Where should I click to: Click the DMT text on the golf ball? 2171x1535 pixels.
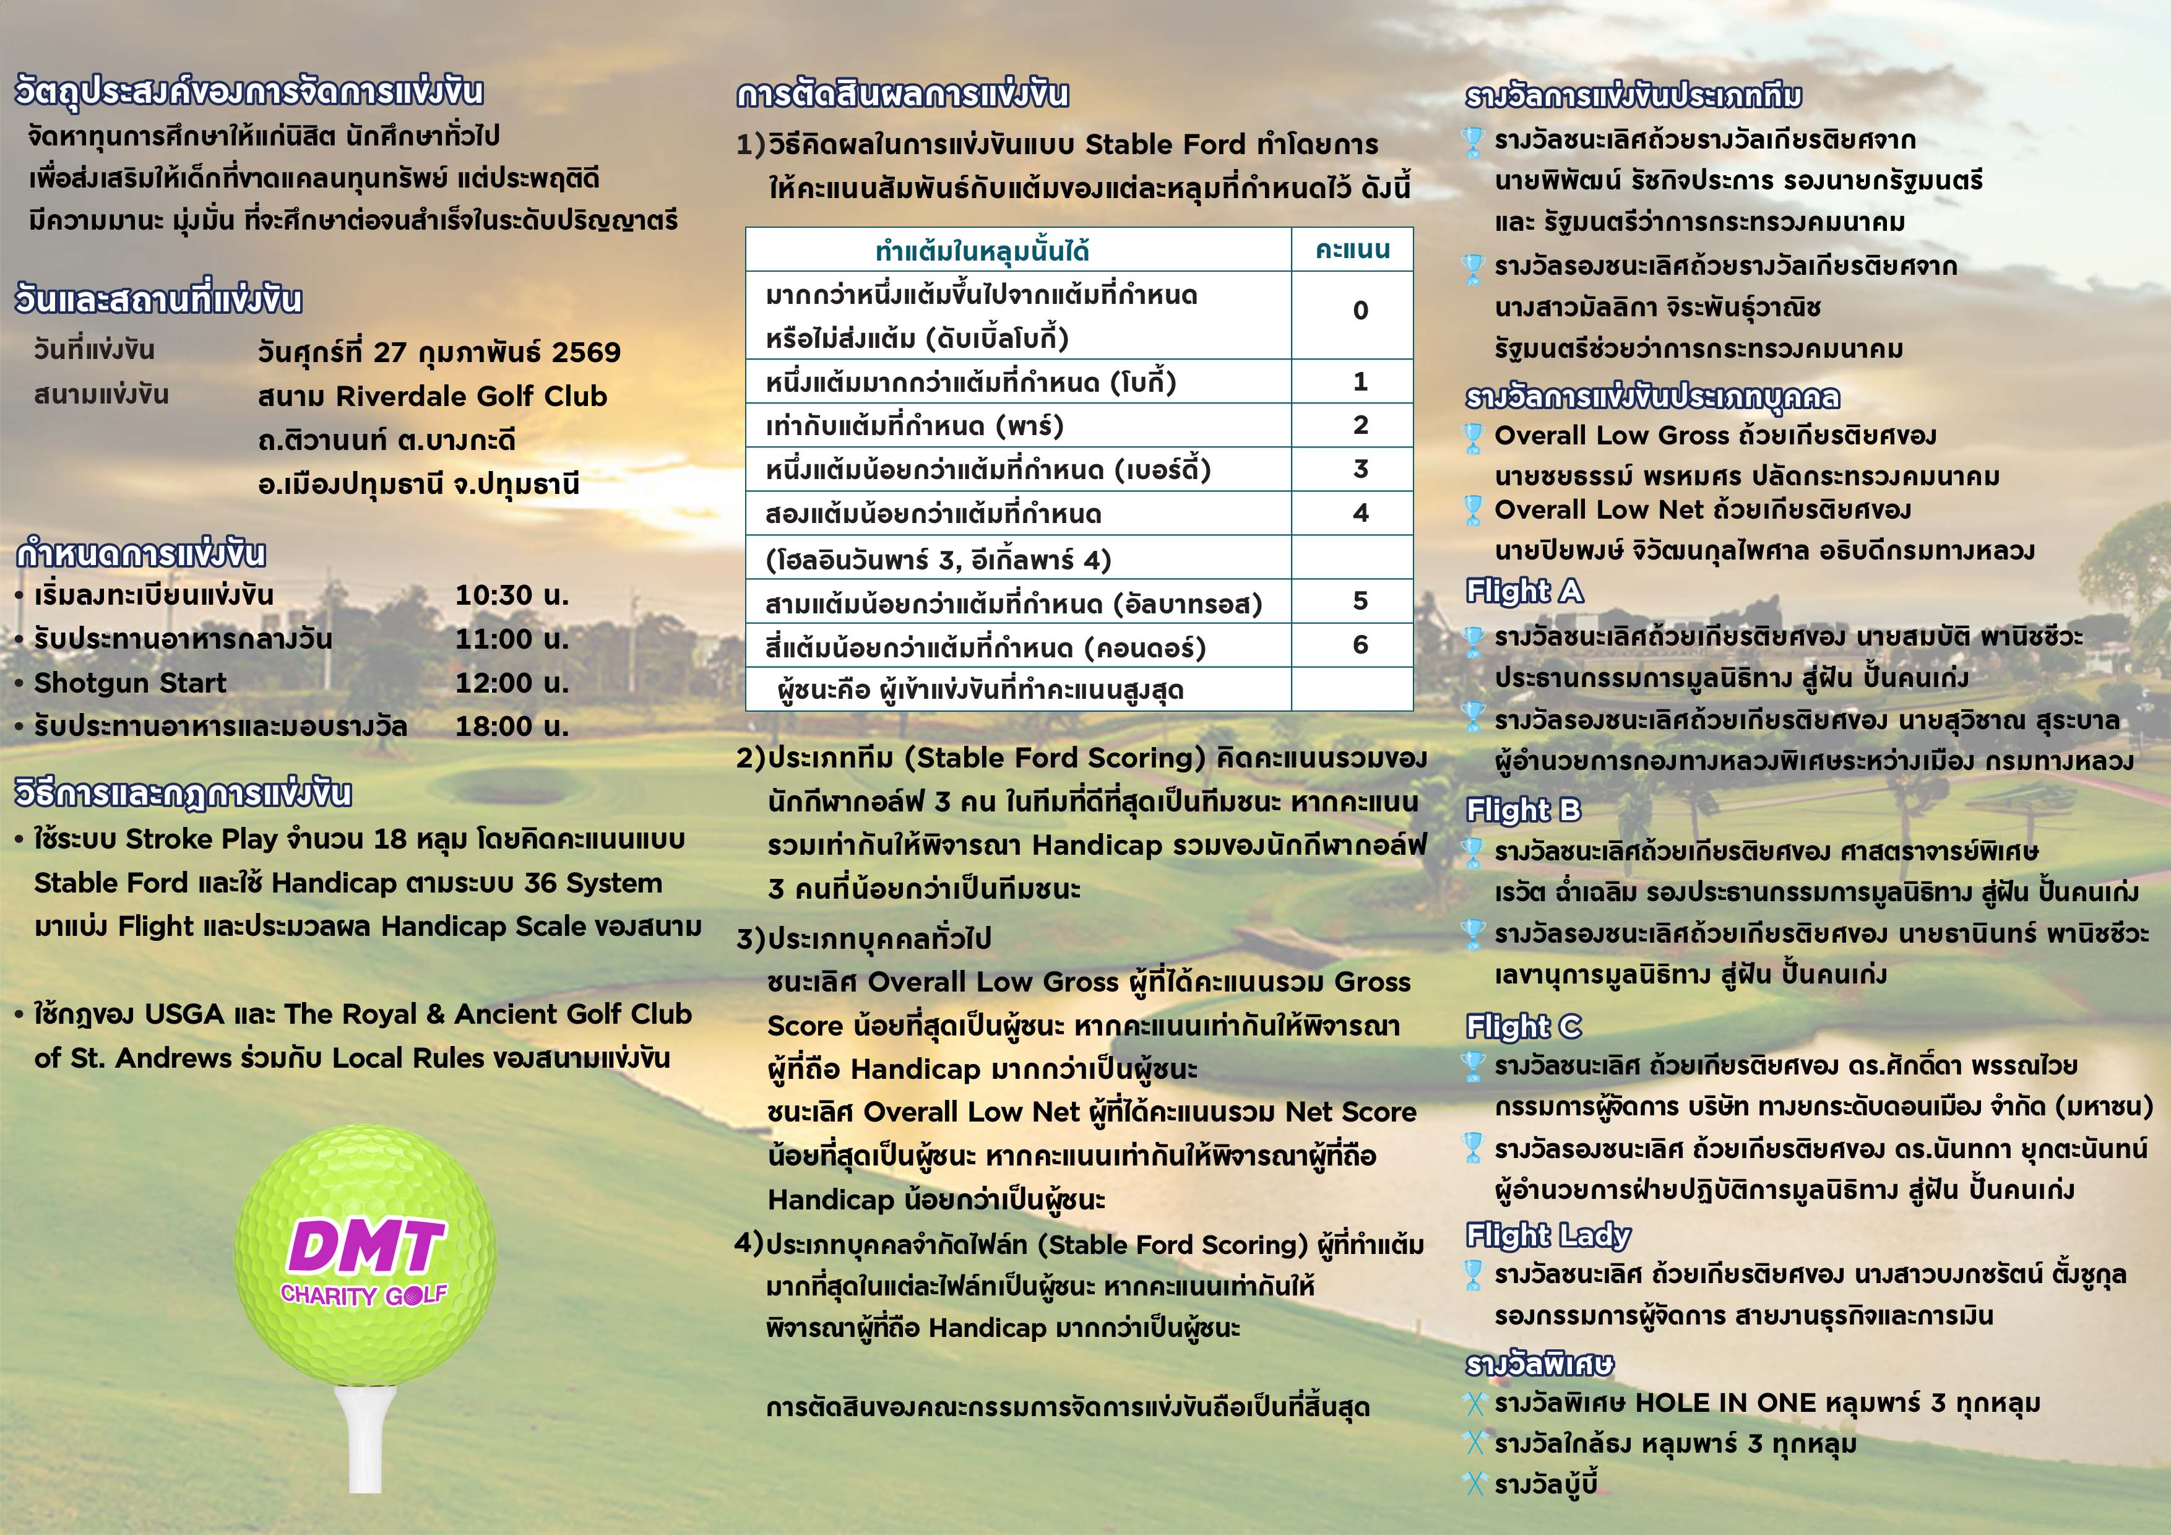click(365, 1247)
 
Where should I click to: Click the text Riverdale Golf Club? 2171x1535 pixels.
click(472, 396)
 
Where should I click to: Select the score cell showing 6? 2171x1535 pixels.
click(1360, 645)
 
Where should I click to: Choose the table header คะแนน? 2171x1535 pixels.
click(1352, 249)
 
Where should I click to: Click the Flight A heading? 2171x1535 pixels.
click(1523, 591)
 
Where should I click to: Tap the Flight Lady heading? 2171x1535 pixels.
click(1548, 1235)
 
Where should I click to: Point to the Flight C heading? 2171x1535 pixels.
click(1523, 1026)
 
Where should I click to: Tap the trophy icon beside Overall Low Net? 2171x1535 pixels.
click(1472, 511)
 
